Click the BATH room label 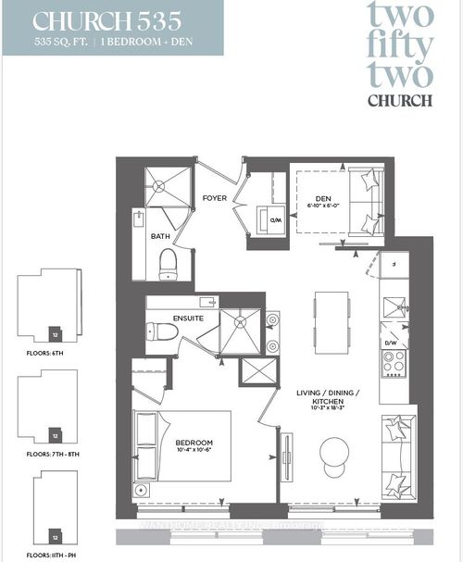click(160, 237)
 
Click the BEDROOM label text click(194, 443)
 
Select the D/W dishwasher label click(392, 343)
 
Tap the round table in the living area click(336, 453)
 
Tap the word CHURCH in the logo click(400, 100)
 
